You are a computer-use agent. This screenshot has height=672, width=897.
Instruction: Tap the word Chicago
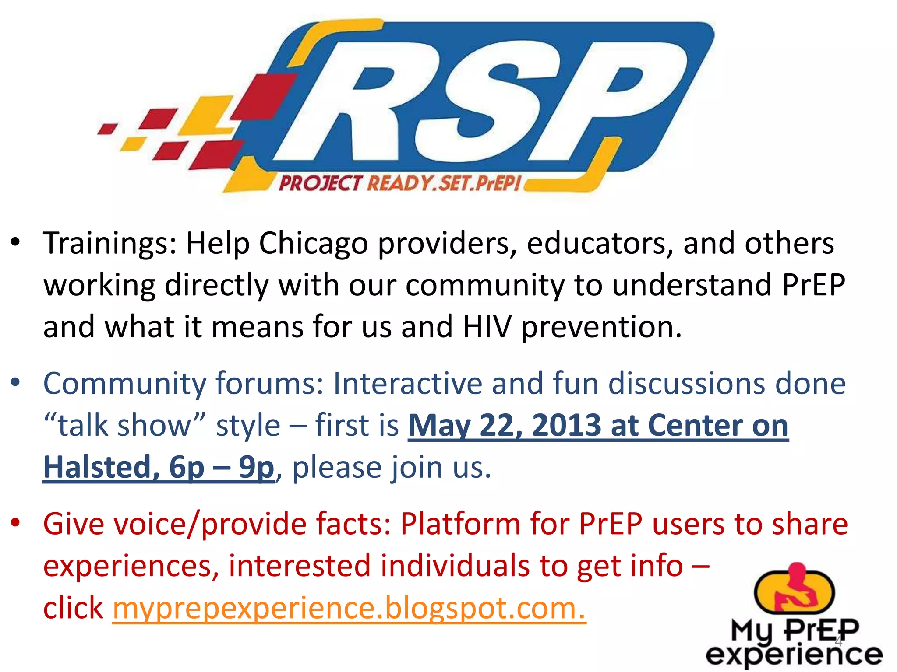(313, 243)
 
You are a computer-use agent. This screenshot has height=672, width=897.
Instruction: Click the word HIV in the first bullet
(487, 327)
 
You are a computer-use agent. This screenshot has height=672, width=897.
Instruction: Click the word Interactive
(407, 384)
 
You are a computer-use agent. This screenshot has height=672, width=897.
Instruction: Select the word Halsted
(98, 467)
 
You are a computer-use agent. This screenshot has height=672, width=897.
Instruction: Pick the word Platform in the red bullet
(460, 524)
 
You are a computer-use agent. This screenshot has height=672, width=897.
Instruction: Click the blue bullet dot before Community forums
(16, 383)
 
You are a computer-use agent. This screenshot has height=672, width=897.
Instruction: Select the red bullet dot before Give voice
(16, 523)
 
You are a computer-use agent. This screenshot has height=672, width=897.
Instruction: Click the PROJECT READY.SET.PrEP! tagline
(399, 183)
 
